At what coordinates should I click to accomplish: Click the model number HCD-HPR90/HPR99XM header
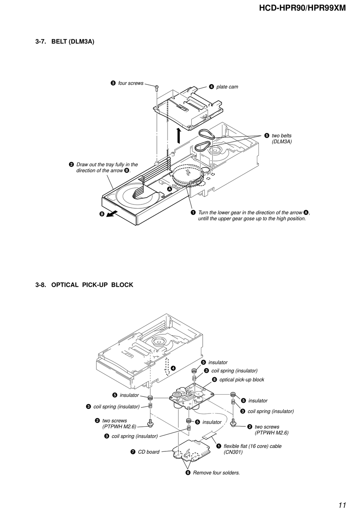[x=302, y=8]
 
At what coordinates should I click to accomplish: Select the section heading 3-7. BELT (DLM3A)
[x=65, y=42]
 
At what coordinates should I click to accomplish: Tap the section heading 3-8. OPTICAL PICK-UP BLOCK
[x=84, y=285]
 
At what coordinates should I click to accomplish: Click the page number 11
[x=342, y=505]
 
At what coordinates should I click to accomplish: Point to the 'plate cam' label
[x=227, y=87]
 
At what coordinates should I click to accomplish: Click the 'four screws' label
[x=131, y=83]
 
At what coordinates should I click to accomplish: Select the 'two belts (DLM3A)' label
[x=282, y=139]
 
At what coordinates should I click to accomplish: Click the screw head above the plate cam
[x=157, y=87]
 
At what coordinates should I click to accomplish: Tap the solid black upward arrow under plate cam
[x=178, y=136]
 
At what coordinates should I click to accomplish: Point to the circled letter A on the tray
[x=169, y=189]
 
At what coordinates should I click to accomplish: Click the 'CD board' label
[x=149, y=452]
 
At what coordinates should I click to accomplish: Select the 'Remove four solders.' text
[x=216, y=473]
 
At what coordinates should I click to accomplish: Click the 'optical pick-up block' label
[x=242, y=379]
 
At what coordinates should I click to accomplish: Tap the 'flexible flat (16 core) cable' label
[x=253, y=446]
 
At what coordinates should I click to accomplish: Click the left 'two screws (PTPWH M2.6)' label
[x=119, y=423]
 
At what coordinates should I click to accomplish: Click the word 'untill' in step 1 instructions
[x=204, y=218]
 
